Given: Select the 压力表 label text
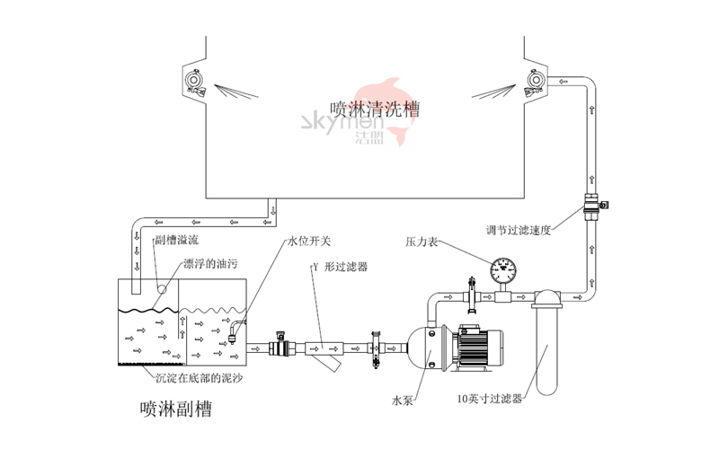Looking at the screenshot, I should click(x=423, y=243).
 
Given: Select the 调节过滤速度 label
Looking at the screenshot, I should click(x=517, y=230).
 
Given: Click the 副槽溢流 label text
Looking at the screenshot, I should click(x=176, y=241).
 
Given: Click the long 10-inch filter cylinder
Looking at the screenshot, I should click(x=546, y=346).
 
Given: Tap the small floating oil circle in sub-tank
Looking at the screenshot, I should click(x=163, y=289).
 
